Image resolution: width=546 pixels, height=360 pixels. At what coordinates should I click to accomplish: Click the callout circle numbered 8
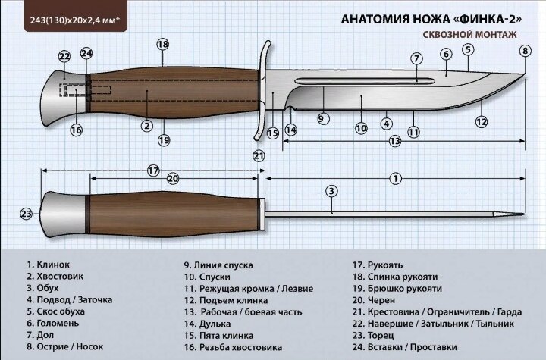click(x=525, y=51)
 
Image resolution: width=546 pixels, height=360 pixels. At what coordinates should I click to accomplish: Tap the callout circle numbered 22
click(x=64, y=56)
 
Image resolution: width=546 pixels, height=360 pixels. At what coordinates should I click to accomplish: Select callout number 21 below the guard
click(x=259, y=155)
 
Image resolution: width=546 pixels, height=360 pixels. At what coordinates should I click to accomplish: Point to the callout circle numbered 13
click(x=395, y=141)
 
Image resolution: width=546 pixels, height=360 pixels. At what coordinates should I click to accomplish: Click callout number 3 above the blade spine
click(x=331, y=191)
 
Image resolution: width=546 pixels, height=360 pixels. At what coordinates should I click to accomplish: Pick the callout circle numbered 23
click(x=27, y=214)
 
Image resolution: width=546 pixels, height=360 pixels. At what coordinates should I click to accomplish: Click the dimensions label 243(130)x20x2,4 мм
click(x=75, y=20)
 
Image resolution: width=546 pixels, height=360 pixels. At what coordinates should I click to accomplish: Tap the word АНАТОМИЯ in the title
click(x=375, y=19)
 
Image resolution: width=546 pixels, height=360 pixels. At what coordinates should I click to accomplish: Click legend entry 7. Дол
click(x=40, y=335)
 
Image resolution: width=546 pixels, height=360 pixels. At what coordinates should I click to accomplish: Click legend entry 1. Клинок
click(x=48, y=265)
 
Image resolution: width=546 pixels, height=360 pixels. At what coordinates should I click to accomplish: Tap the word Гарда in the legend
click(x=510, y=312)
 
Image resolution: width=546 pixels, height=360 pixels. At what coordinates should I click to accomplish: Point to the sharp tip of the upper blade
click(x=525, y=74)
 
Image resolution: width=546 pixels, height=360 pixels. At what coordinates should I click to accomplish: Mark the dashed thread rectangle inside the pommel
click(x=85, y=90)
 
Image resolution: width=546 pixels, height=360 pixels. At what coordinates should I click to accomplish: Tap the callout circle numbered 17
click(x=153, y=171)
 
